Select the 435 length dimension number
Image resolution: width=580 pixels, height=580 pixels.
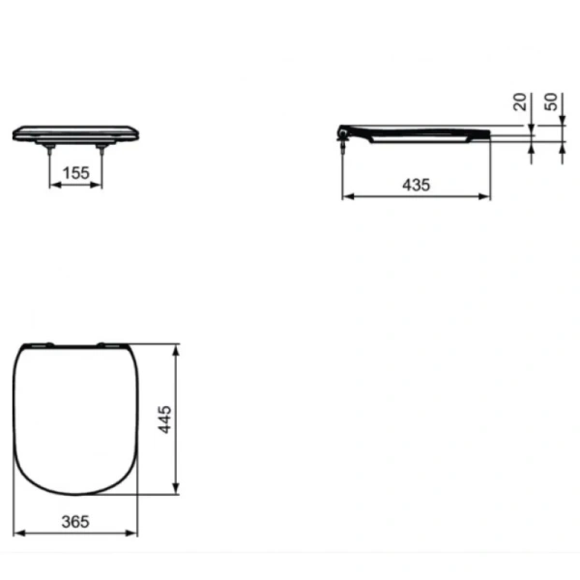[x=415, y=185]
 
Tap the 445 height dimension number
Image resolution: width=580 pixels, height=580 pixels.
[x=165, y=420]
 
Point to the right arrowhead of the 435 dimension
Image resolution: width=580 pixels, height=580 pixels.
[x=485, y=196]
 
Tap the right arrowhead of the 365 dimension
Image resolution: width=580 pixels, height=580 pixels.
[x=136, y=532]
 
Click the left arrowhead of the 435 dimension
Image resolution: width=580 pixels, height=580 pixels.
[x=347, y=196]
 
